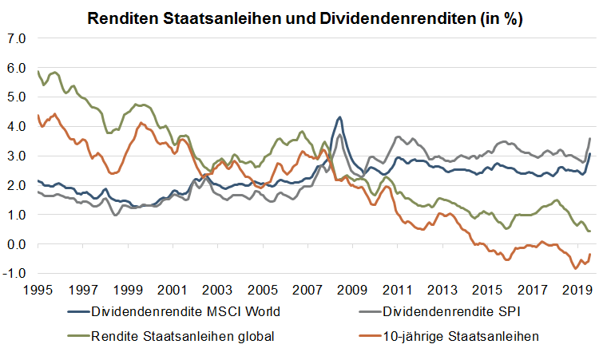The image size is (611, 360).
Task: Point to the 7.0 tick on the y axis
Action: pyautogui.click(x=17, y=38)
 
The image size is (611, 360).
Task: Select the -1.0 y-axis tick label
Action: pyautogui.click(x=15, y=274)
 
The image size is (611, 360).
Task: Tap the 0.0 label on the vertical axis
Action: pyautogui.click(x=17, y=244)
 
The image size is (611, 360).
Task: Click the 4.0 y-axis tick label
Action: pyautogui.click(x=17, y=126)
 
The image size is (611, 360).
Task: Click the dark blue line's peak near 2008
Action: pyautogui.click(x=340, y=117)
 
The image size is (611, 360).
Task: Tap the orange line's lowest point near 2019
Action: pyautogui.click(x=575, y=269)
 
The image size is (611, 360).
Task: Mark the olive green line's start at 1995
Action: pyautogui.click(x=38, y=72)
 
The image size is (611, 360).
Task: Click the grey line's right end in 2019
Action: pyautogui.click(x=589, y=139)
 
